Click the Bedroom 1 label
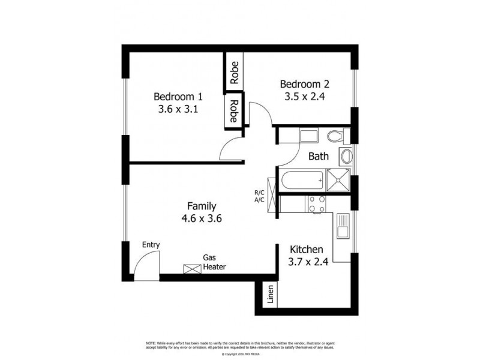tap(178, 97)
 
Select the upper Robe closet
tap(234, 73)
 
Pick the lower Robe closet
tap(234, 110)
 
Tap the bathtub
tap(302, 179)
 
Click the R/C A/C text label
tap(259, 196)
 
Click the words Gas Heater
tap(214, 262)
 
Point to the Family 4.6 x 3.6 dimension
tap(202, 218)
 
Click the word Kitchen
tap(307, 250)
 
